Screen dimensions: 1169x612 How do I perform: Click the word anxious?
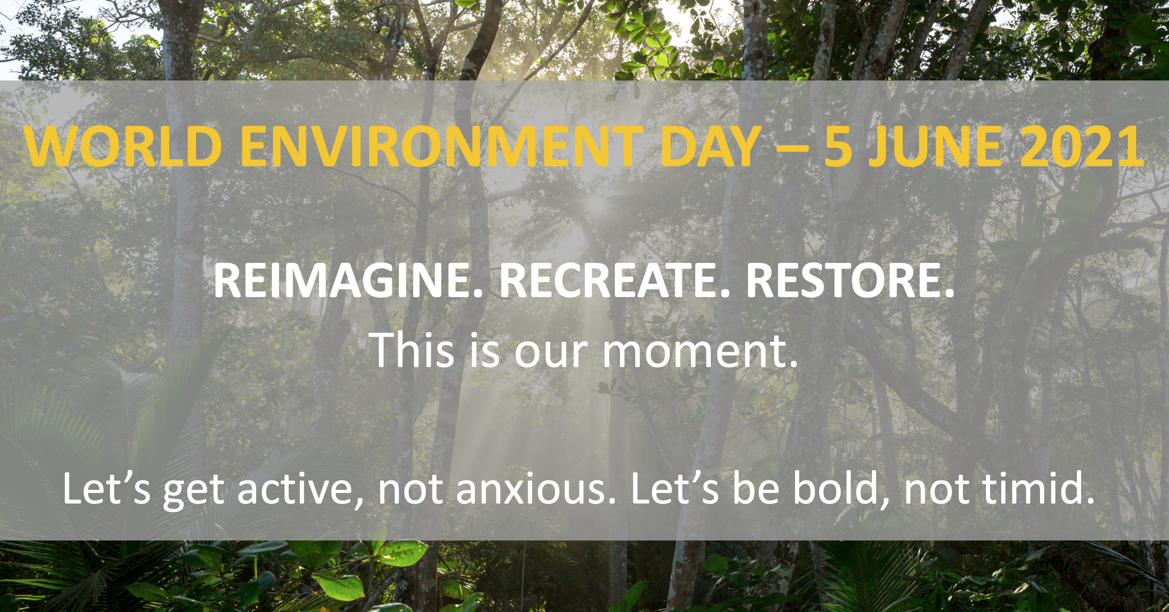536,489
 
